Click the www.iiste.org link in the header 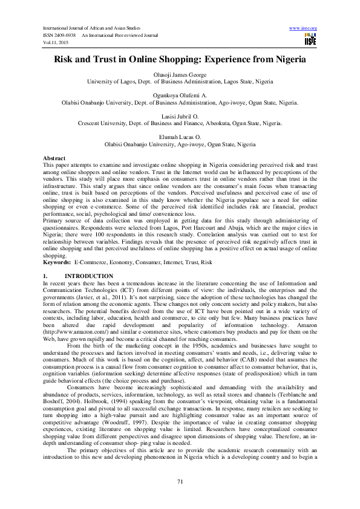coord(303,28)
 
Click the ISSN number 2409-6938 coord(64,34)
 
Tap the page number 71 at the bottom coord(180,481)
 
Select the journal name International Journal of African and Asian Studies coord(97,28)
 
